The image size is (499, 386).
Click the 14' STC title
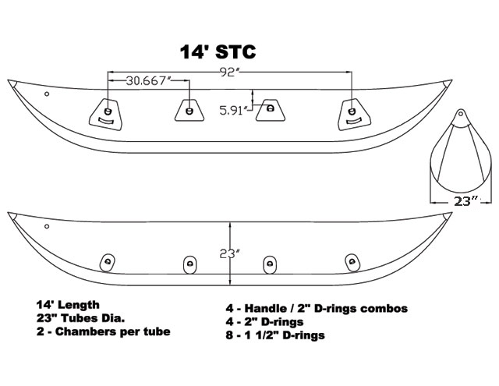(x=218, y=51)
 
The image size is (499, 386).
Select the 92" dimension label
(x=229, y=73)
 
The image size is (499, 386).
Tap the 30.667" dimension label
(x=149, y=81)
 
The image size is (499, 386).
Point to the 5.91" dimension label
(x=234, y=111)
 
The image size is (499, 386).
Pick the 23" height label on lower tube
(x=229, y=253)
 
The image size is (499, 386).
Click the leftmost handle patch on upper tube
(x=105, y=115)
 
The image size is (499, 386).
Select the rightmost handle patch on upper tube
(x=354, y=115)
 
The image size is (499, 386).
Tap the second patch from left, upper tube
(x=189, y=110)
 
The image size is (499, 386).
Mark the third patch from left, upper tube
(x=271, y=110)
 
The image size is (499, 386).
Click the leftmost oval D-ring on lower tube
(x=108, y=263)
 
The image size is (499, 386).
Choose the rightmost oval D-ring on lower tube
(x=352, y=263)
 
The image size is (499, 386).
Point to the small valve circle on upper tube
(x=47, y=94)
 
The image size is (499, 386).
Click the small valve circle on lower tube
(x=47, y=227)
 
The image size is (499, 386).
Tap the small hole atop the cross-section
(x=460, y=113)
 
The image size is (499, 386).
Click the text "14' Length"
(x=68, y=305)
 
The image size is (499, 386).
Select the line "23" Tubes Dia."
(x=80, y=318)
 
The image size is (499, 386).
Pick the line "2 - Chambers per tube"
(x=103, y=331)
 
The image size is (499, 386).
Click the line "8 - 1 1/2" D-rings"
(x=275, y=335)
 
